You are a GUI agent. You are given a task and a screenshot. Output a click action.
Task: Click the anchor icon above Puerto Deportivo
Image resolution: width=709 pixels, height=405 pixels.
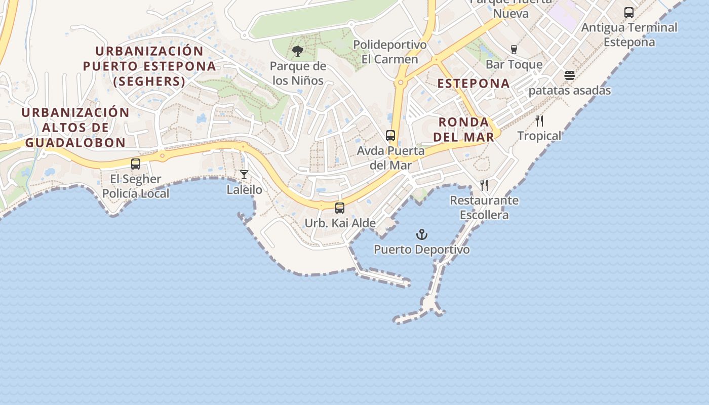point(422,234)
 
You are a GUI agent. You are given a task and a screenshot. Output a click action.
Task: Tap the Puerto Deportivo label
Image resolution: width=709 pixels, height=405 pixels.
point(422,250)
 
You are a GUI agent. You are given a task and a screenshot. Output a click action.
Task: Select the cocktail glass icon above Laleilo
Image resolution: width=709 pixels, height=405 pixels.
point(244,175)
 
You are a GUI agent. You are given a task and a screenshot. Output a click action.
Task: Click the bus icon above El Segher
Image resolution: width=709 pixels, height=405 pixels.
point(136,164)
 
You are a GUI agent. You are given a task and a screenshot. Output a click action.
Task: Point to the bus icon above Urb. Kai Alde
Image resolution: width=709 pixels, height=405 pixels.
point(340,208)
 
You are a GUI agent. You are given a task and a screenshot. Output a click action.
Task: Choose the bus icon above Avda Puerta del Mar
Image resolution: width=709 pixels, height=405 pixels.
point(390,136)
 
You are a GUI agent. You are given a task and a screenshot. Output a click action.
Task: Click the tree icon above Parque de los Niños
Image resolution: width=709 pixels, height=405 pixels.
point(298,51)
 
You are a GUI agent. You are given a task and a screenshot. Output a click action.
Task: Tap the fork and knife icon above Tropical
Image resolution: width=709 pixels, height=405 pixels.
point(539,121)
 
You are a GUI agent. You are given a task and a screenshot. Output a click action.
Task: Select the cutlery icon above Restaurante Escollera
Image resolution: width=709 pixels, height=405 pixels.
point(484,185)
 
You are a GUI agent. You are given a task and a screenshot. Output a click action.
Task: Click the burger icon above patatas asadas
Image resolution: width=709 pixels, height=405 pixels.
point(570,76)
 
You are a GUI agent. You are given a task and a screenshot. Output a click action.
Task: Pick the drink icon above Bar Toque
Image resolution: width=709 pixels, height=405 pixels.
point(514,49)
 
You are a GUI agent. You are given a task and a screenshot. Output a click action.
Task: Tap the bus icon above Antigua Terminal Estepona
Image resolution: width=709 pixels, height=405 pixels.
point(629,13)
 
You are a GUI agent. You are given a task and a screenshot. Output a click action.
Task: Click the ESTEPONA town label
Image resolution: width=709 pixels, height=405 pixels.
point(474,84)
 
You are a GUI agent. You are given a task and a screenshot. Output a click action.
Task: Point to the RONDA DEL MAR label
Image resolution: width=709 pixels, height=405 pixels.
point(464,129)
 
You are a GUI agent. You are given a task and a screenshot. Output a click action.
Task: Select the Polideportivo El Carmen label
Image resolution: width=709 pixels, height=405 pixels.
point(390,52)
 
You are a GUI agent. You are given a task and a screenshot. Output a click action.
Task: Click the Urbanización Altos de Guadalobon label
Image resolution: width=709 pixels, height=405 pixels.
point(75,128)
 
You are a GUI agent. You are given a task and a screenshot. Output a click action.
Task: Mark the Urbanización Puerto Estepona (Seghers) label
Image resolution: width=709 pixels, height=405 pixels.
point(149,66)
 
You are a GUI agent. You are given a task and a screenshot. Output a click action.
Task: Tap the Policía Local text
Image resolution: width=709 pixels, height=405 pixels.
point(136,194)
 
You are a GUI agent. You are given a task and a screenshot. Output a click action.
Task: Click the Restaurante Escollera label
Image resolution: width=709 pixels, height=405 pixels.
point(484,208)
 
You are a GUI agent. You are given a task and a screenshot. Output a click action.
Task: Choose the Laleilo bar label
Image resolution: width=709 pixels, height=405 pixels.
point(245,190)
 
